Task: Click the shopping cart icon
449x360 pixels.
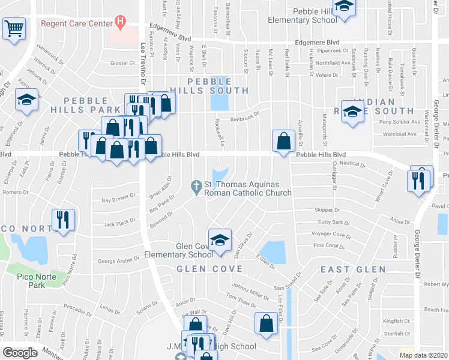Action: [14, 28]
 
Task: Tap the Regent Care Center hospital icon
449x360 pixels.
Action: [120, 23]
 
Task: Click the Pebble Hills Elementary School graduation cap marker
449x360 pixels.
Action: [344, 7]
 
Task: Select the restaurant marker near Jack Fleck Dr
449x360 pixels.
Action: [64, 219]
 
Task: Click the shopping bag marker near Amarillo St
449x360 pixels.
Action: [283, 142]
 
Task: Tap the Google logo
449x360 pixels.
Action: [20, 352]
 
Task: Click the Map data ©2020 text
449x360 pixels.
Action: [424, 355]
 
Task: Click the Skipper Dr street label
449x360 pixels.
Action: [327, 210]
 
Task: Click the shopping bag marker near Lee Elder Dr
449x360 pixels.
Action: [266, 323]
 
